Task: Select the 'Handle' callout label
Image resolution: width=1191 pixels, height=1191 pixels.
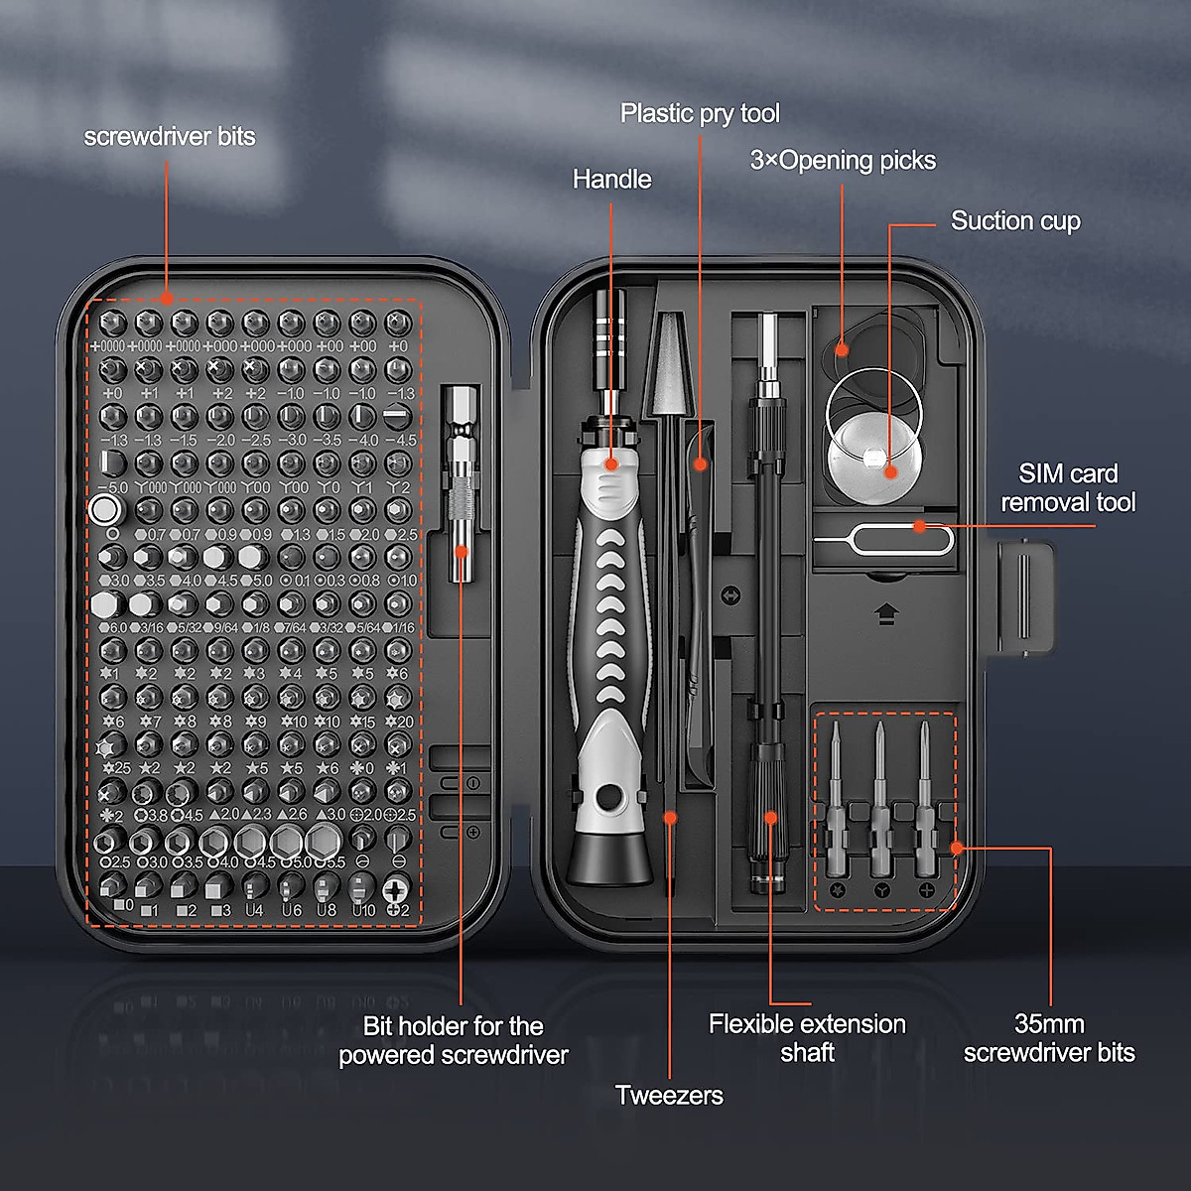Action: pos(611,179)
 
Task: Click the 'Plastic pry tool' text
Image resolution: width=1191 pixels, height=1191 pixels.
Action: pos(700,113)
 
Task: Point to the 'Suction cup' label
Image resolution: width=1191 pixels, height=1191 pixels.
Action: pos(1014,220)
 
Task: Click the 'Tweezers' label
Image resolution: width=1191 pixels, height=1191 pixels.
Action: pos(669,1095)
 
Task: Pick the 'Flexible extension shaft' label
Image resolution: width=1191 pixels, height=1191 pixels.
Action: pos(807,1038)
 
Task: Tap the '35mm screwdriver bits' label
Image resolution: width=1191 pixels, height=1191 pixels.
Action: pos(1049,1038)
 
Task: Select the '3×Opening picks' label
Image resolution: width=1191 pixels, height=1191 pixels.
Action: pos(843,160)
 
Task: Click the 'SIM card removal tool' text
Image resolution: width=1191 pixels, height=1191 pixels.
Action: pos(1067,487)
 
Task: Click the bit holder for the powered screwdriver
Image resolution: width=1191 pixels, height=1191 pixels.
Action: pos(460,486)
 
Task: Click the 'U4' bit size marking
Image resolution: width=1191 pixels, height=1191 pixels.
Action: pos(254,909)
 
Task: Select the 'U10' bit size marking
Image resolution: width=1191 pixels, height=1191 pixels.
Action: pos(363,909)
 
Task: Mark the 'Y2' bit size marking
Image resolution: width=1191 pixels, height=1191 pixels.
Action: pos(398,487)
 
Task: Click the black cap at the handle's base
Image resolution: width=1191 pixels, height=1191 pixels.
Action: pos(610,860)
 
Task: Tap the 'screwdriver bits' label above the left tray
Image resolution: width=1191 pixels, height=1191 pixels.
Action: pos(169,136)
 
